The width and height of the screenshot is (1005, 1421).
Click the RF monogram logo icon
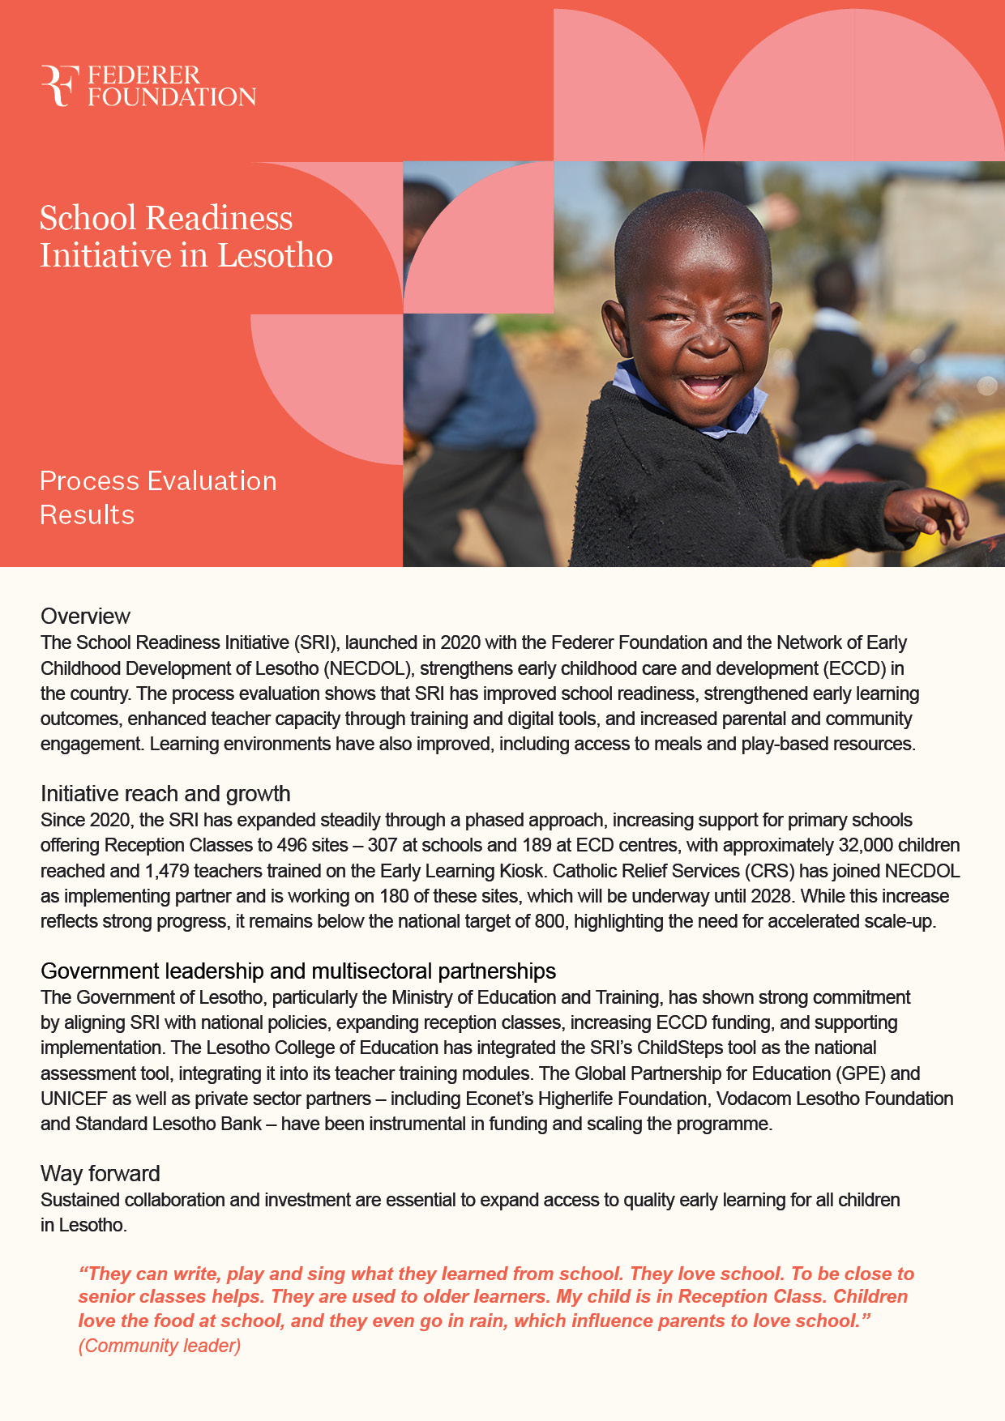click(59, 86)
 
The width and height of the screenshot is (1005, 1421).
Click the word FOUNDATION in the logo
click(172, 97)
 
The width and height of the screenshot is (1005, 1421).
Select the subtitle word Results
click(88, 515)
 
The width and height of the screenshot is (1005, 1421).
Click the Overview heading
click(85, 617)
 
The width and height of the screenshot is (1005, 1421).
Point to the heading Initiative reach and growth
click(165, 794)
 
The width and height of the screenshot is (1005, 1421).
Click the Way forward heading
click(100, 1174)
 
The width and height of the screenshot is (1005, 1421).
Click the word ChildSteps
click(681, 1048)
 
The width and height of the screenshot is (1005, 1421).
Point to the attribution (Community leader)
click(160, 1346)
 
